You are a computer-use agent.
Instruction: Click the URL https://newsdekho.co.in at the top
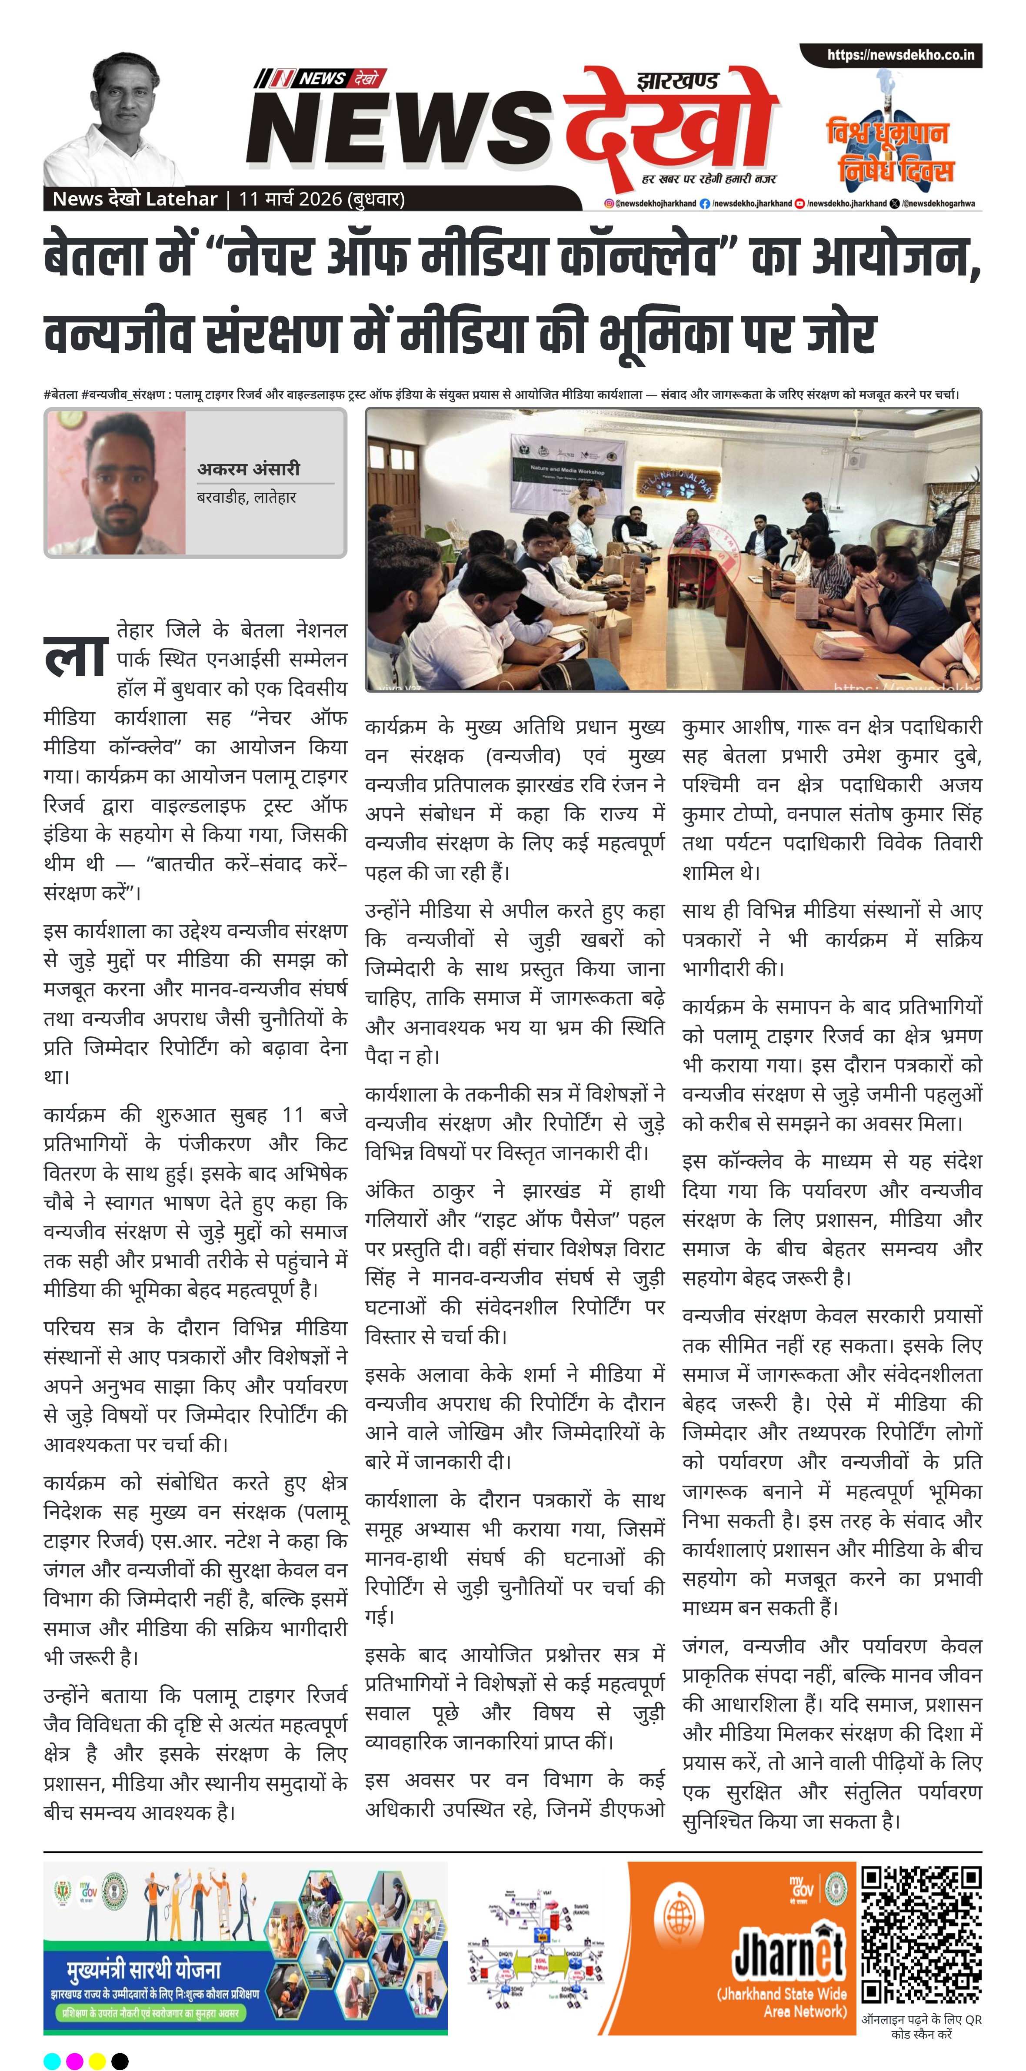[x=900, y=56]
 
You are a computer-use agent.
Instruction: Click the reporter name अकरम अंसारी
[x=249, y=469]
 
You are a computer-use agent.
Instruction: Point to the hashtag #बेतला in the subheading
[x=61, y=395]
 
